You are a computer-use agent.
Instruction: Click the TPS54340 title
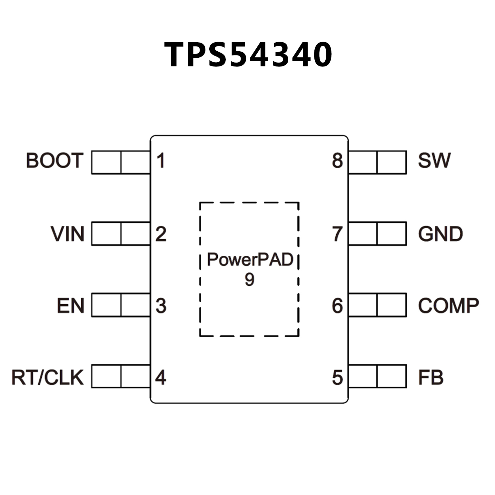pos(248,55)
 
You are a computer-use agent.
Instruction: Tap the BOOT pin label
pos(54,161)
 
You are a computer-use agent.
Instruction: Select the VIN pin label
pos(68,234)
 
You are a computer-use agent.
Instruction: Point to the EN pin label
pos(71,306)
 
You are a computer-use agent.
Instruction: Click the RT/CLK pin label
pos(48,377)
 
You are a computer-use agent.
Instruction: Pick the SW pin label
pos(434,161)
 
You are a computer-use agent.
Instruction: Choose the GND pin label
pos(441,234)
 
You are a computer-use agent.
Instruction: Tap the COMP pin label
pos(448,306)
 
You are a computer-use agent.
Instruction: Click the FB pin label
pos(431,377)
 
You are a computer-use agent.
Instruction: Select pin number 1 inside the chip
pos(161,161)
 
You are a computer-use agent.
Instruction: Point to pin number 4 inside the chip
pos(161,377)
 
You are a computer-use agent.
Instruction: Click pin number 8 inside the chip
pos(337,161)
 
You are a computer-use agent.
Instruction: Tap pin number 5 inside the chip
pos(337,377)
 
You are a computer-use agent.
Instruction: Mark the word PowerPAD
pos(250,260)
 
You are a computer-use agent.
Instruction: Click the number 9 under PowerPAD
pos(249,279)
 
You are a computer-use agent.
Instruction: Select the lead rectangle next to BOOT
pos(121,162)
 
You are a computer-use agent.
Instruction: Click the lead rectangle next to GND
pos(377,233)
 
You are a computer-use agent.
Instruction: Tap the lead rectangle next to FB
pos(377,376)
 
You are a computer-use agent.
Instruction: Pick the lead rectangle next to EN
pos(121,305)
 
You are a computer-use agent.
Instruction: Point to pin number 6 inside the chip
pos(337,306)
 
